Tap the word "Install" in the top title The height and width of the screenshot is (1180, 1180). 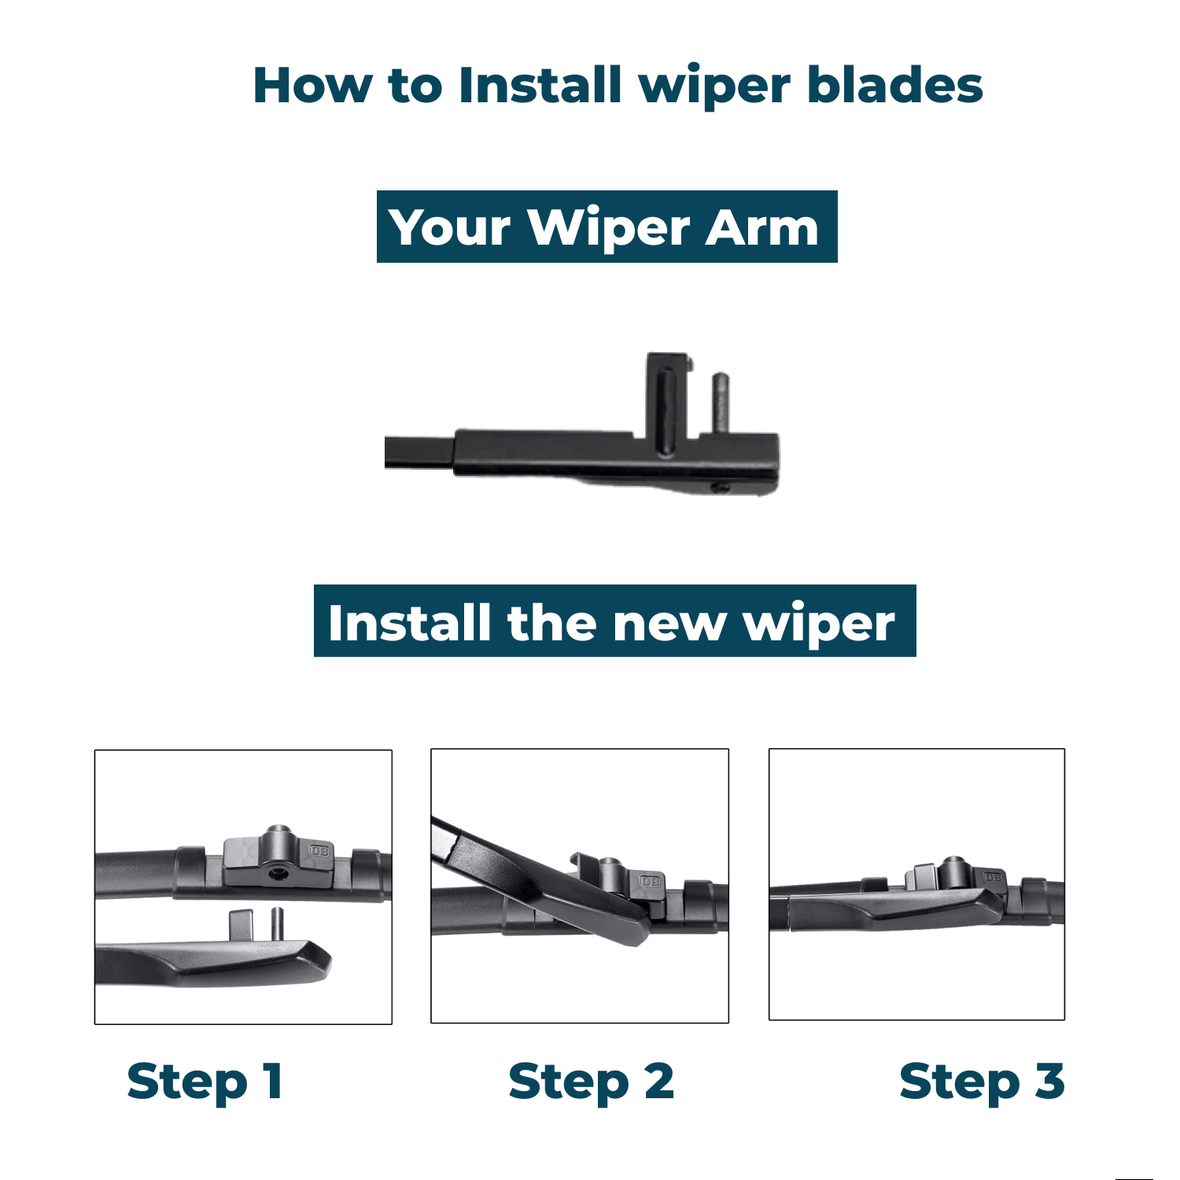coord(540,85)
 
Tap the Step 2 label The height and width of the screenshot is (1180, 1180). coord(592,1082)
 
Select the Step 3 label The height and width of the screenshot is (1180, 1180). coord(982,1082)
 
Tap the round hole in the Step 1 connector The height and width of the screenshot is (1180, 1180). coord(275,872)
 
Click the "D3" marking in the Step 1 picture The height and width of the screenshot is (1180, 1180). coord(319,850)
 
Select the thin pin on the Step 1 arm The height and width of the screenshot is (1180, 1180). coord(277,924)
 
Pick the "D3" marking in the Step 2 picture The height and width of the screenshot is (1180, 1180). coord(651,881)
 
